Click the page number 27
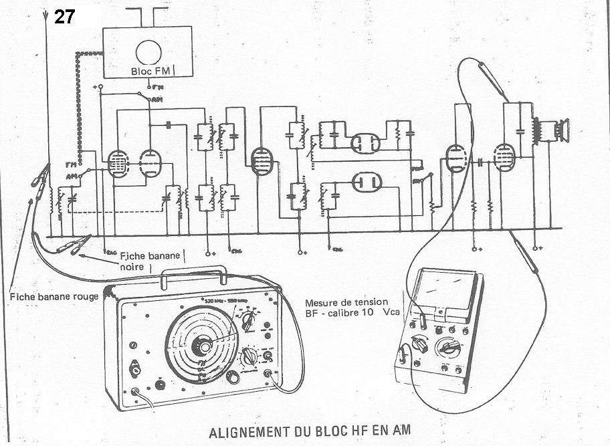click(x=65, y=16)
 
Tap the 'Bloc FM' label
click(x=151, y=70)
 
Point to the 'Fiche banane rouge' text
click(x=54, y=296)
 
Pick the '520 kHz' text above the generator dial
click(x=215, y=301)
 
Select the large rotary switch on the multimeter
click(x=446, y=348)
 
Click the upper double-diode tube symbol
click(x=365, y=142)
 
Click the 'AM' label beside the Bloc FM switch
click(x=157, y=100)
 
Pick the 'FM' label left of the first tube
click(x=70, y=164)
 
